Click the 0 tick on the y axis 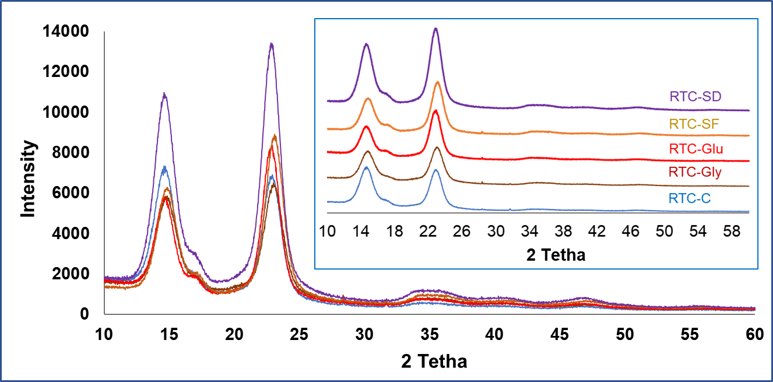[x=85, y=314]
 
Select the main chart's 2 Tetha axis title [x=434, y=362]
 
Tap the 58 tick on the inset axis [x=732, y=232]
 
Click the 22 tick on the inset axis [x=428, y=232]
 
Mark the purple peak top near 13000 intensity [x=271, y=44]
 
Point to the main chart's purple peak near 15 [x=164, y=94]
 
